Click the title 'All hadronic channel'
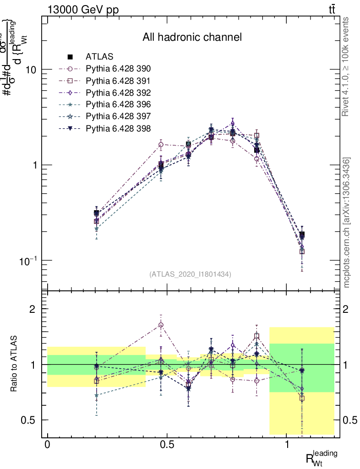click(192, 37)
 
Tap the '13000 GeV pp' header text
click(82, 10)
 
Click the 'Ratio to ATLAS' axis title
click(15, 364)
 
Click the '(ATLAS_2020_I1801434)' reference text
click(190, 274)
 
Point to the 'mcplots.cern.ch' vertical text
click(347, 223)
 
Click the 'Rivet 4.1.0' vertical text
click(347, 66)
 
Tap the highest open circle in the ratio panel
click(161, 325)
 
